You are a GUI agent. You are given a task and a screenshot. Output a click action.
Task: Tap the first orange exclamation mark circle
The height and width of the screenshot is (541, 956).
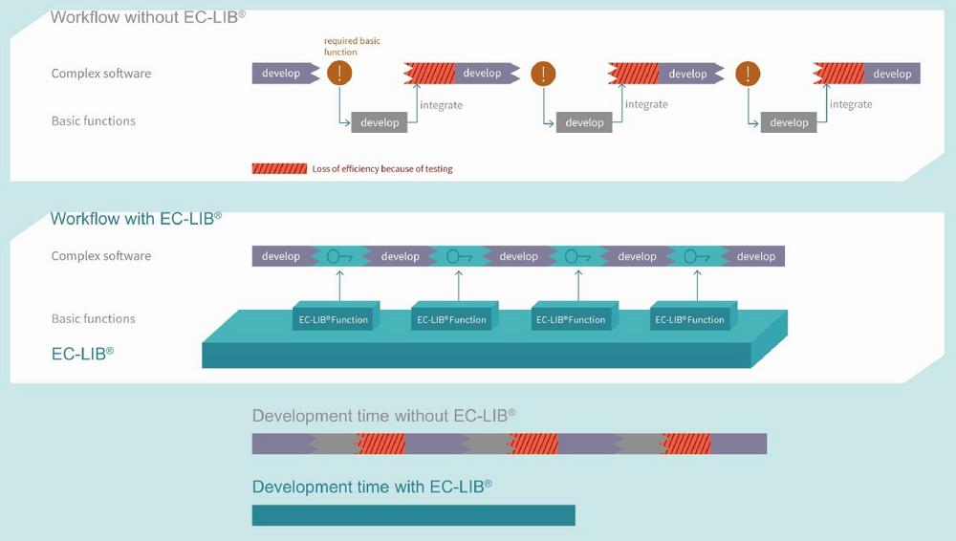339,73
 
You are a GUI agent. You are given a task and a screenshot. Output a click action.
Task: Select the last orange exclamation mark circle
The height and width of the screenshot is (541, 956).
748,73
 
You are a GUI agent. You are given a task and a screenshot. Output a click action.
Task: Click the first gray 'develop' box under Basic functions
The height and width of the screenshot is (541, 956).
380,122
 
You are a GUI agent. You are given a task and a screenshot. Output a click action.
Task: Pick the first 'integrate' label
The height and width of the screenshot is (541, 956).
441,104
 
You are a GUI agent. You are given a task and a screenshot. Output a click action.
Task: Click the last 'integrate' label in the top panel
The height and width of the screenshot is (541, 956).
850,104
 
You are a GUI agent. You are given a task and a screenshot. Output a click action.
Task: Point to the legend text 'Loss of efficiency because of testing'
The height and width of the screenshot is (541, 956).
381,169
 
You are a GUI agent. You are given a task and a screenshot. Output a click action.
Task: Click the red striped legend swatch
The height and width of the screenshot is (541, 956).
279,168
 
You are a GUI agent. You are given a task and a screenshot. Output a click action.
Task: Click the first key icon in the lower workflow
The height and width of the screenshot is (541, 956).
339,256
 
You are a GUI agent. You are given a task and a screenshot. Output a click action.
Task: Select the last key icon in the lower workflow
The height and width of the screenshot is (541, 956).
695,256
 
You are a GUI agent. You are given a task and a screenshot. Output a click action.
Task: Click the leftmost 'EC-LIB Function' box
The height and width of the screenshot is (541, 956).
332,319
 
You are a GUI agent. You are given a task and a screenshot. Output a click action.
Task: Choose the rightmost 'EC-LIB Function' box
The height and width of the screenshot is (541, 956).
689,319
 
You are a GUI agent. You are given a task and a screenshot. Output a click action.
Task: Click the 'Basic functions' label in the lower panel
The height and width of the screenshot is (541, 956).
93,318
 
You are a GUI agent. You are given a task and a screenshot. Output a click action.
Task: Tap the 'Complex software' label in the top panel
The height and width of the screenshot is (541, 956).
100,74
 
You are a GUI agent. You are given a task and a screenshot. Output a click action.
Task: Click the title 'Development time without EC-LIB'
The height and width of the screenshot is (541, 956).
383,416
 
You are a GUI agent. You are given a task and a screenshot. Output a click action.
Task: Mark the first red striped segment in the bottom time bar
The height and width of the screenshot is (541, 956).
380,444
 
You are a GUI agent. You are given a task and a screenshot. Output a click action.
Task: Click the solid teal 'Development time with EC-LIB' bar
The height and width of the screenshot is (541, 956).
413,515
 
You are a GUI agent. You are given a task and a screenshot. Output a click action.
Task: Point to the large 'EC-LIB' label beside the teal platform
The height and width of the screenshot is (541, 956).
82,353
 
